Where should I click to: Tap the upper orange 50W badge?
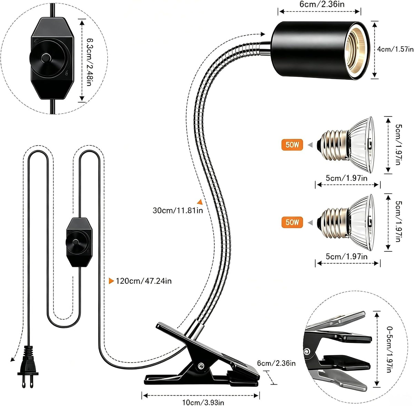[x=292, y=145]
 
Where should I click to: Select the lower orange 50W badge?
[x=292, y=222]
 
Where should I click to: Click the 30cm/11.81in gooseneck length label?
[x=178, y=210]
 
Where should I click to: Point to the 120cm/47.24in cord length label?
[x=144, y=281]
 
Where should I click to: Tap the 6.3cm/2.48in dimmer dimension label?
[x=90, y=62]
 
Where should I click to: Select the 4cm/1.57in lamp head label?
[x=395, y=49]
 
